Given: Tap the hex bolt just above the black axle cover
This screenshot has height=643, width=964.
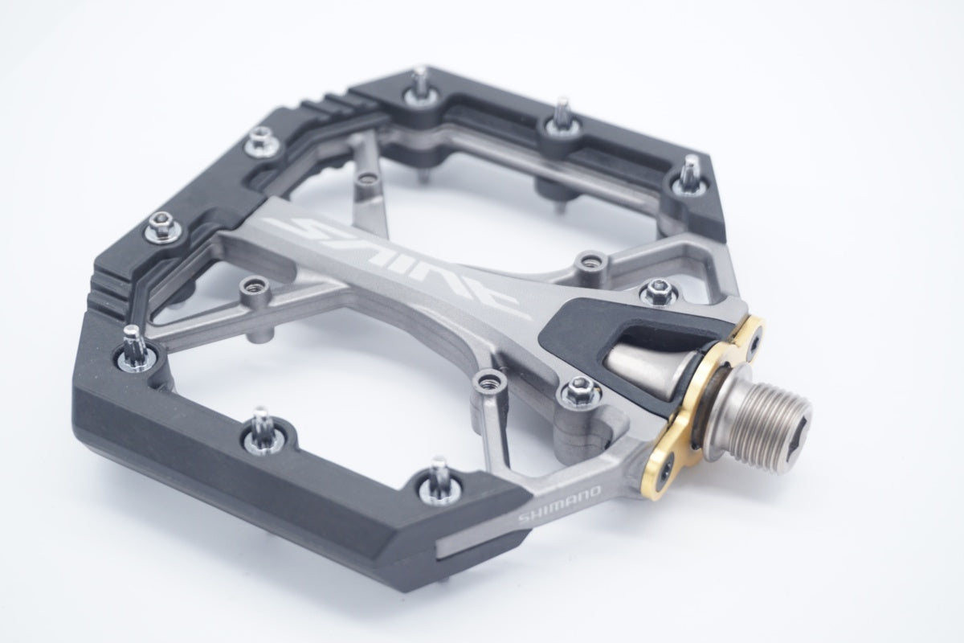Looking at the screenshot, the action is [659, 292].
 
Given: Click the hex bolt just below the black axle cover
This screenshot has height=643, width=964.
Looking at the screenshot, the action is [580, 391].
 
